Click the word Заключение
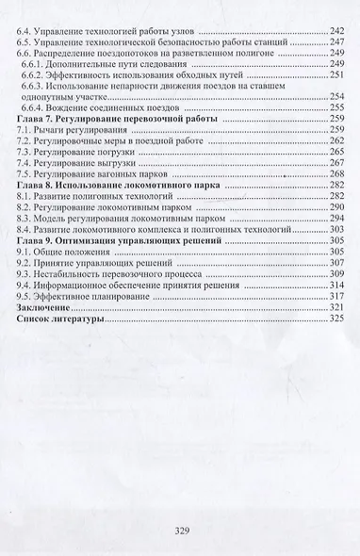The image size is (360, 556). pyautogui.click(x=46, y=307)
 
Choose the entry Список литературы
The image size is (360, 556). pyautogui.click(x=64, y=320)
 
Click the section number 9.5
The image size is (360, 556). pyautogui.click(x=25, y=294)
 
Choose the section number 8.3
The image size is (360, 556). pyautogui.click(x=25, y=215)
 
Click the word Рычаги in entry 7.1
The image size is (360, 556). pyautogui.click(x=54, y=136)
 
